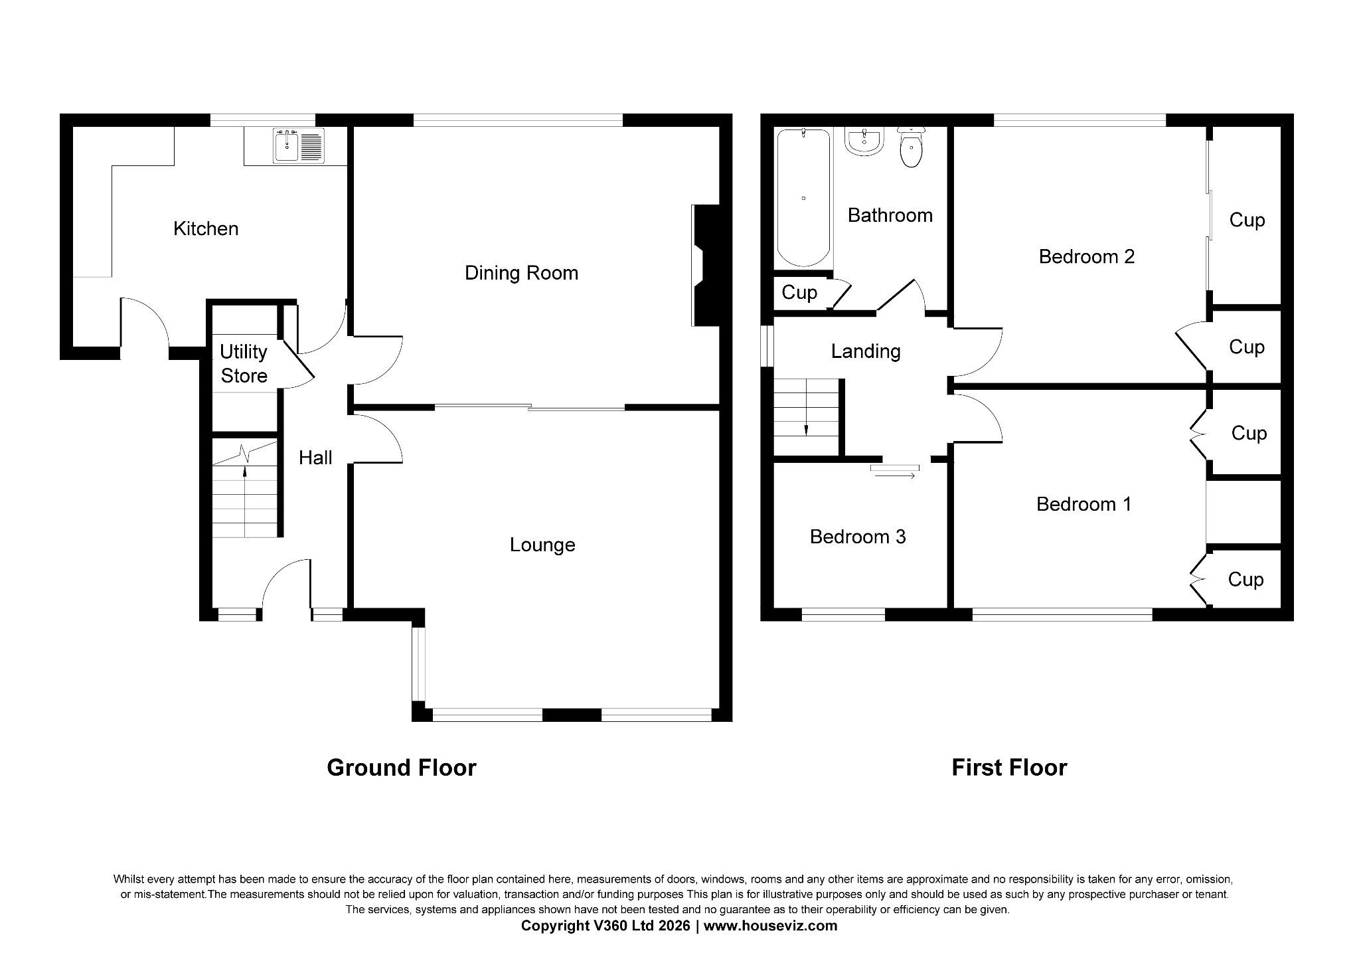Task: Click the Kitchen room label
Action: point(206,229)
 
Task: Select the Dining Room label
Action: point(521,273)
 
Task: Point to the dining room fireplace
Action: point(704,266)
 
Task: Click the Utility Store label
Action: point(244,364)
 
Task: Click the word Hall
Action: point(315,458)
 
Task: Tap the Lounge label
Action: point(542,545)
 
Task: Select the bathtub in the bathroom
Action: point(803,197)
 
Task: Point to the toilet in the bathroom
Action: point(911,149)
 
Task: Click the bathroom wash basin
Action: point(864,141)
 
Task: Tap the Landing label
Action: point(866,351)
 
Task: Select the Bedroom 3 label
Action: point(858,537)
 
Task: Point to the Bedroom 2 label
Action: point(1087,256)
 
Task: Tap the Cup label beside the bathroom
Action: point(799,293)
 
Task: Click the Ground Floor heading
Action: point(402,768)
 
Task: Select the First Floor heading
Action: point(1009,768)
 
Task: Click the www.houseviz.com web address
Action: point(770,926)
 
